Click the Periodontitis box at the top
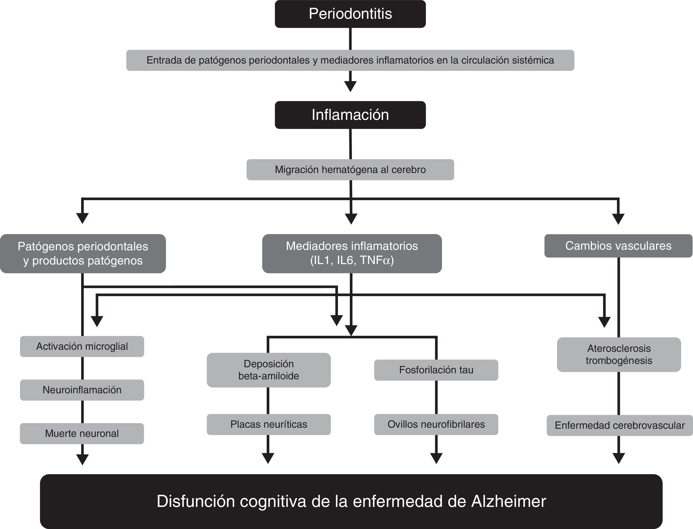tap(350, 14)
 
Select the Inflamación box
tap(350, 115)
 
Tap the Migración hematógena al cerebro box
tap(350, 170)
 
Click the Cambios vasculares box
tap(618, 246)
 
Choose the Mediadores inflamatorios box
tap(352, 253)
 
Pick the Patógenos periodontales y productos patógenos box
tap(83, 253)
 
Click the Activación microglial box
tap(82, 346)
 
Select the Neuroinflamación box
tap(82, 390)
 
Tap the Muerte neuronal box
tap(82, 434)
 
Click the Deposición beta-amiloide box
tap(268, 370)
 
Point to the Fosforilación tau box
tap(436, 370)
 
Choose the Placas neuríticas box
tap(268, 424)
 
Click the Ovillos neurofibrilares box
tap(436, 424)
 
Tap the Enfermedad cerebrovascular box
tap(620, 425)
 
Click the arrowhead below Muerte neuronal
tap(83, 459)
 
